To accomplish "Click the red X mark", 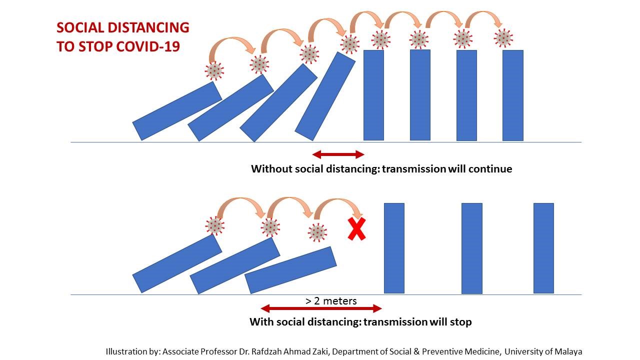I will [356, 229].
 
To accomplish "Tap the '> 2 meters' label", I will [331, 301].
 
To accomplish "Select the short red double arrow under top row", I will [338, 154].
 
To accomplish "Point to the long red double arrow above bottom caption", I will [321, 308].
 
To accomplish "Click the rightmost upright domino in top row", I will [512, 95].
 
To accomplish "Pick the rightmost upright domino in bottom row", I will [543, 248].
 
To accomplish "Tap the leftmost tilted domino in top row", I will [177, 110].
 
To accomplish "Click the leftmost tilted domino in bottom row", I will [177, 263].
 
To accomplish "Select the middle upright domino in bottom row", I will [471, 248].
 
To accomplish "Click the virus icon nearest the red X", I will [317, 232].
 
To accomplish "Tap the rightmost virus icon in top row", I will [503, 38].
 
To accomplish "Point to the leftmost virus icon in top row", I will [214, 70].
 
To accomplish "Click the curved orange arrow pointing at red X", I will [338, 205].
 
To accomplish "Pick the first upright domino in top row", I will [373, 95].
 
